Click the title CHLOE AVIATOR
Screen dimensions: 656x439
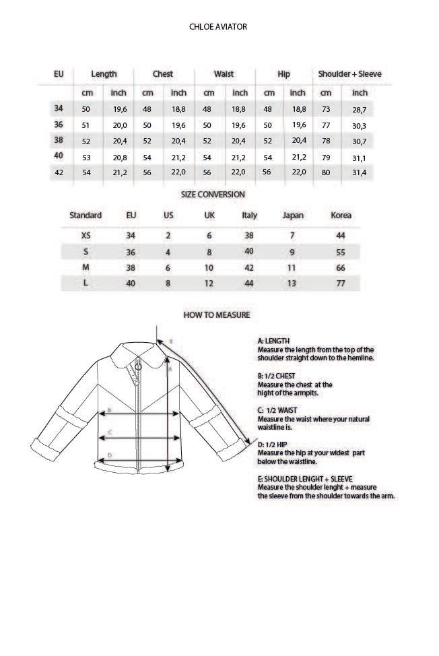point(219,27)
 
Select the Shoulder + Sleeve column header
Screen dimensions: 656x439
point(349,73)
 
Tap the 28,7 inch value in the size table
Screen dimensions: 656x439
point(360,109)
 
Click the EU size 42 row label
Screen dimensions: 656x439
point(59,172)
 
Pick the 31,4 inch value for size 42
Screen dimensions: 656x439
point(360,172)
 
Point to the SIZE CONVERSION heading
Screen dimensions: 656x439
point(213,194)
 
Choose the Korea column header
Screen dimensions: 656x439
point(341,216)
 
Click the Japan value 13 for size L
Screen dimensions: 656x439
point(292,284)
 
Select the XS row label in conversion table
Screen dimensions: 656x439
point(86,236)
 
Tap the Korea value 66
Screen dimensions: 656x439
point(341,267)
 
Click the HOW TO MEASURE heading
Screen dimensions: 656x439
point(217,315)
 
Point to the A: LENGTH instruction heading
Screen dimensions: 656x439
point(273,341)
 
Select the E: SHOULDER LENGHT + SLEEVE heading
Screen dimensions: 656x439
point(305,478)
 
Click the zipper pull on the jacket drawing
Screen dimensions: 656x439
point(138,368)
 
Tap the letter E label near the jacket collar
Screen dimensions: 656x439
point(171,341)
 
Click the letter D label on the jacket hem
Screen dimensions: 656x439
point(110,456)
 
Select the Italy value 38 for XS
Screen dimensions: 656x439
point(249,236)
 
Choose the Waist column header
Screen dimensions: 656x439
point(224,73)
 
